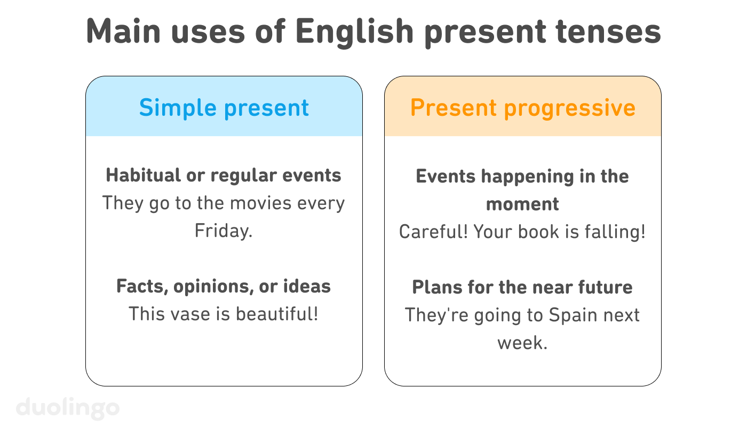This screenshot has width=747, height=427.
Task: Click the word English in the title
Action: tap(354, 32)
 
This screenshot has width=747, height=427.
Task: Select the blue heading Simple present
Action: tap(224, 108)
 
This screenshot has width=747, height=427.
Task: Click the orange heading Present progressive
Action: tap(523, 108)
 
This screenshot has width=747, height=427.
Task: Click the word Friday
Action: tap(224, 231)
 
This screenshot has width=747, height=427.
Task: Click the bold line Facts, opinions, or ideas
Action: tap(224, 287)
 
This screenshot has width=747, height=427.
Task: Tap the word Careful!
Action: tap(433, 232)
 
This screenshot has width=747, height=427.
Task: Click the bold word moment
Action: tap(522, 204)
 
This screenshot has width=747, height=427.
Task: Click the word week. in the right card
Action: tap(522, 343)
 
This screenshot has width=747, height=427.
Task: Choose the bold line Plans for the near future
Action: tap(522, 288)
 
